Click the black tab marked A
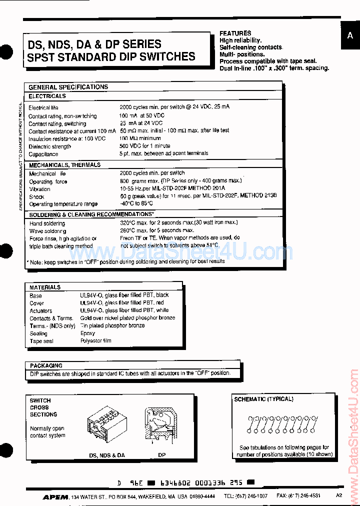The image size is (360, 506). (350, 36)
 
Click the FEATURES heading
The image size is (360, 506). (235, 33)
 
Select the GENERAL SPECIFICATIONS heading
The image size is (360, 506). (68, 87)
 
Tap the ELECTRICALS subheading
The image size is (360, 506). (47, 96)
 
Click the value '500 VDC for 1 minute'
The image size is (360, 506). (144, 146)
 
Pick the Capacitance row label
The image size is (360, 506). (43, 154)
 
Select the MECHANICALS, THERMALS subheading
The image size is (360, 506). (64, 165)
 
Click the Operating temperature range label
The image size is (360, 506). (63, 204)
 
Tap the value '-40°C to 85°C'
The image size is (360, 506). (136, 203)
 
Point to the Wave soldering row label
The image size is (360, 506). (47, 231)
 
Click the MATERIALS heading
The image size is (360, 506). (45, 287)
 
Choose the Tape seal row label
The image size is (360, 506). (41, 341)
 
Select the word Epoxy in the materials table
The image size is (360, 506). (88, 333)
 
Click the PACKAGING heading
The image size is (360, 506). (46, 365)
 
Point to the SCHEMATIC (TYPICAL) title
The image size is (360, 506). (263, 399)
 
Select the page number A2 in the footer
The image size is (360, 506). (339, 495)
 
